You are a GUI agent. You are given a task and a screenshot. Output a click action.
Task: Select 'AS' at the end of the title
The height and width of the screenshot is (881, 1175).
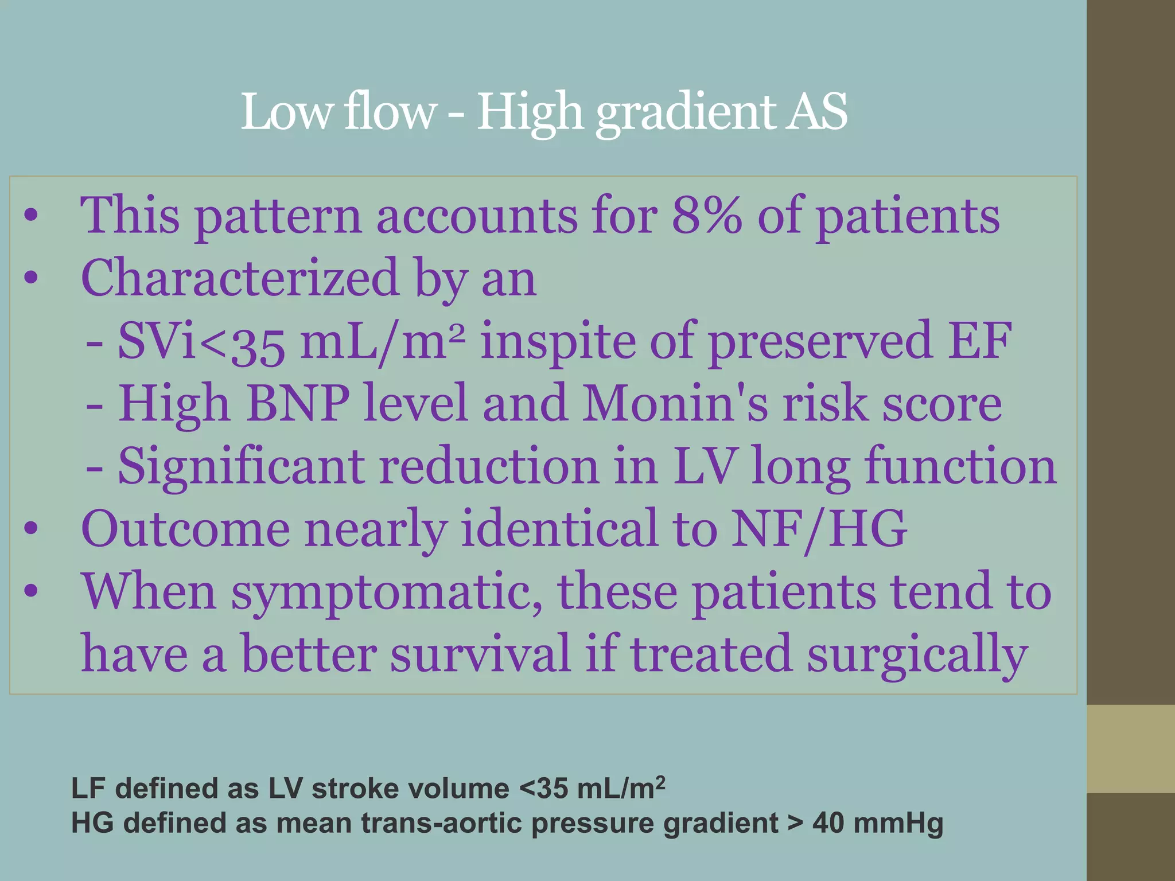(x=817, y=112)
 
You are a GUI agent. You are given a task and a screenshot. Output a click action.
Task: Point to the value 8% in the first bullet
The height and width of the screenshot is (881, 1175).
(x=707, y=216)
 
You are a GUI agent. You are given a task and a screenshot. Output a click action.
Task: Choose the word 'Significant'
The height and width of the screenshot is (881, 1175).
(x=241, y=466)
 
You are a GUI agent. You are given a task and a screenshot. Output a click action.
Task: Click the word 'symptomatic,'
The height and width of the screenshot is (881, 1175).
(x=387, y=592)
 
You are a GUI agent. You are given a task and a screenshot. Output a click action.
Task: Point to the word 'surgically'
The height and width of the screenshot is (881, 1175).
(x=917, y=654)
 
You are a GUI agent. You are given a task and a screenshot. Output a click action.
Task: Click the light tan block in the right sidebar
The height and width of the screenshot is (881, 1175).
(x=1131, y=749)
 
